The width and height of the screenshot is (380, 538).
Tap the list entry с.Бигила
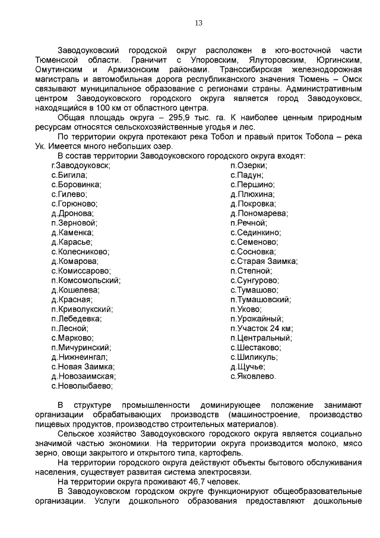(x=69, y=175)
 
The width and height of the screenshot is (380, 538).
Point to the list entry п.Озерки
(x=248, y=165)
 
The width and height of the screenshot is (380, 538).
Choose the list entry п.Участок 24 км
(x=261, y=328)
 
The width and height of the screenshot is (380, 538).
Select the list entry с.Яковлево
(x=252, y=376)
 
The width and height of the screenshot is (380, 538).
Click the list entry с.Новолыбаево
(x=81, y=385)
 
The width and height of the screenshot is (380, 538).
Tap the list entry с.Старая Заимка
(x=264, y=261)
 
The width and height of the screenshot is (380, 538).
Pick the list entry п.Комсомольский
(x=85, y=280)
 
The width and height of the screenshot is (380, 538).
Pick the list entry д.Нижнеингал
(x=79, y=357)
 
